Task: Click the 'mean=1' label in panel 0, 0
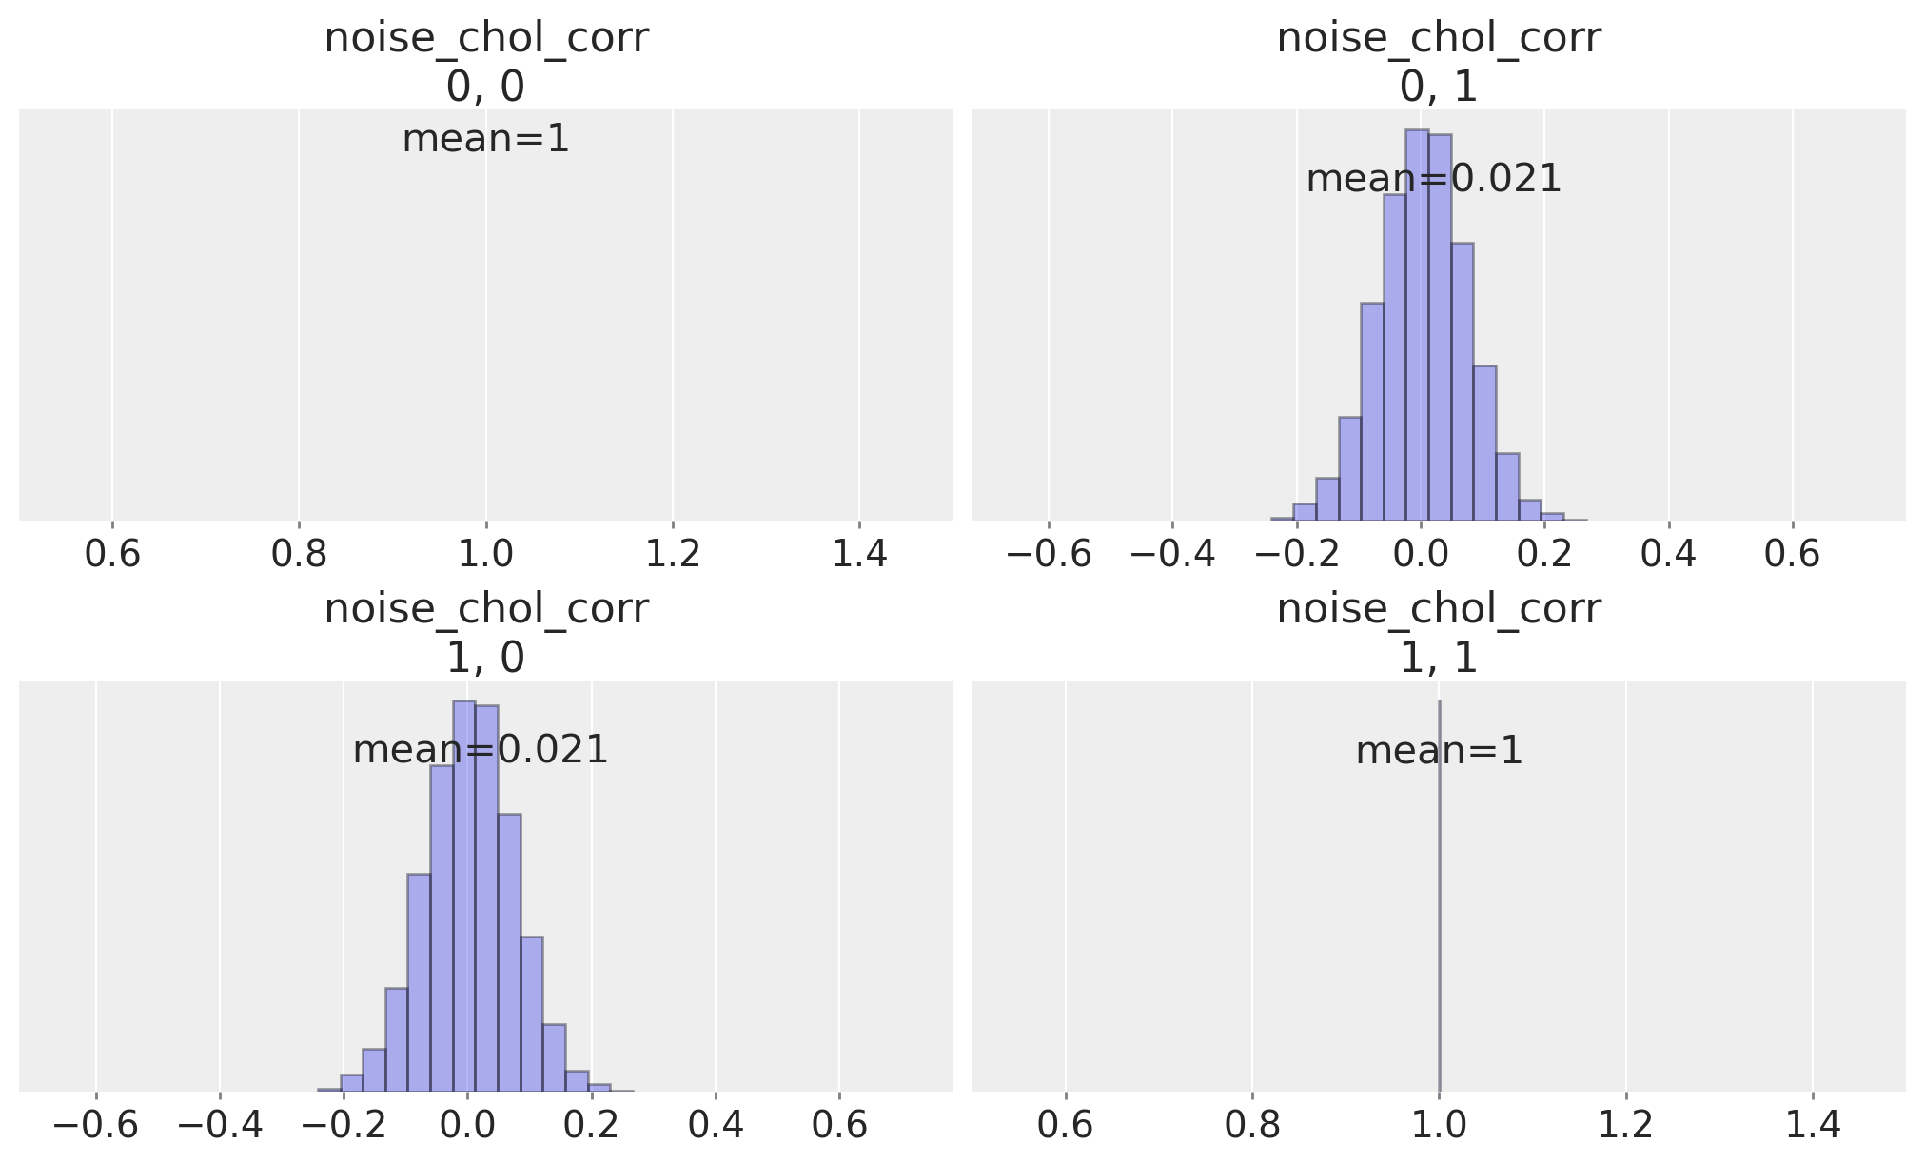(485, 139)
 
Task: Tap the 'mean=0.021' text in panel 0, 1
(1433, 179)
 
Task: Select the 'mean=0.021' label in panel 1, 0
(480, 750)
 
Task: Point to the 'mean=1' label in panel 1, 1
(1439, 751)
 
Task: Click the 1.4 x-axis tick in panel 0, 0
(859, 553)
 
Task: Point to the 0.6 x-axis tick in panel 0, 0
(112, 553)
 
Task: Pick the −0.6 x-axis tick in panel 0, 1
(1049, 553)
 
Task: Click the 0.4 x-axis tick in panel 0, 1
(1668, 553)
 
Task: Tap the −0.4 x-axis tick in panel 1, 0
(220, 1125)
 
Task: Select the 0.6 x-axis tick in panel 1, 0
(839, 1125)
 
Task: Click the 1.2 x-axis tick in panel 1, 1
(1625, 1125)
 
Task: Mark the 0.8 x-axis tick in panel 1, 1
(1252, 1125)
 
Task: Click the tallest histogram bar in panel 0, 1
(1417, 324)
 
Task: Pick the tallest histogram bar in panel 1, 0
(463, 895)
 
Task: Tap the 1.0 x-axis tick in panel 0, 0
(485, 553)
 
